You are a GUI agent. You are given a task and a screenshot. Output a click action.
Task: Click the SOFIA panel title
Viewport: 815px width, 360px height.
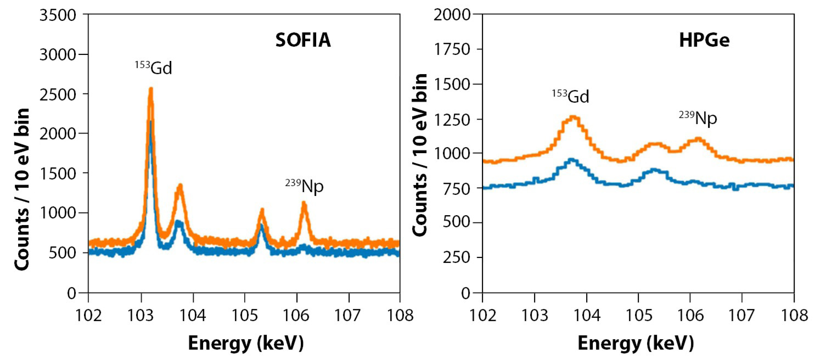pos(303,40)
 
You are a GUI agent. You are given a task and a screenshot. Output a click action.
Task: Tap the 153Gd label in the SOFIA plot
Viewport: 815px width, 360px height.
pos(154,69)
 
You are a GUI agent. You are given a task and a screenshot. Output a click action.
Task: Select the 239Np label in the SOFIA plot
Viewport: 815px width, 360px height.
pos(304,187)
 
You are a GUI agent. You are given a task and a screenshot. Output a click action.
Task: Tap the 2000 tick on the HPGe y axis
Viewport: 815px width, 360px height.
pos(456,14)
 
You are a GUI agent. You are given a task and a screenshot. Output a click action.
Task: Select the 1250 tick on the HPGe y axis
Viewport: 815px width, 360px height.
pos(456,119)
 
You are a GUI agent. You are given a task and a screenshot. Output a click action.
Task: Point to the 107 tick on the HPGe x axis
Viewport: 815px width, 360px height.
pos(742,317)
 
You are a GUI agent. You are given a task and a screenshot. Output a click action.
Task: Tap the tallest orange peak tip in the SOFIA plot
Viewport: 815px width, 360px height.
pos(150,88)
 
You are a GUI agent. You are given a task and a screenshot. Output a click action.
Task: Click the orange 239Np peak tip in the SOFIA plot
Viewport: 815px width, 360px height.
pos(303,204)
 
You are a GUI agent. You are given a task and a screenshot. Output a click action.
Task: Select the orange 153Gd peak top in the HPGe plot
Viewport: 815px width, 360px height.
pos(574,116)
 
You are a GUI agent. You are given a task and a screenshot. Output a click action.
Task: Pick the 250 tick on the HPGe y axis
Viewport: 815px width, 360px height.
pos(459,258)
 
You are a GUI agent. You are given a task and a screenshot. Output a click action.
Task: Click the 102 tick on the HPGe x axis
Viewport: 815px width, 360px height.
pos(482,317)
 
